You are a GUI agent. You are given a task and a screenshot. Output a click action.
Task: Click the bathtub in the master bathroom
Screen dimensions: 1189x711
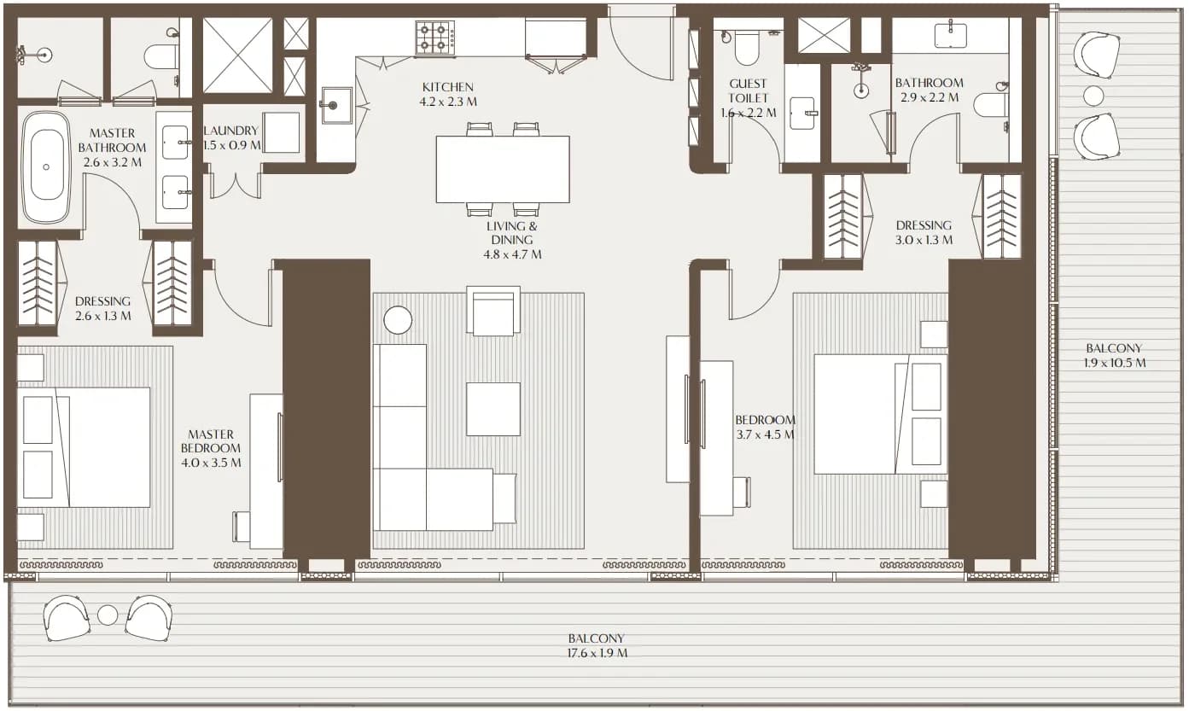click(x=46, y=167)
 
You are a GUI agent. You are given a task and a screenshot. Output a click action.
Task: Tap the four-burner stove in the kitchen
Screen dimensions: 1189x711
click(x=435, y=38)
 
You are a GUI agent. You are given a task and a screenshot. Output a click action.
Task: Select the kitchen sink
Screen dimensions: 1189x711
click(x=336, y=105)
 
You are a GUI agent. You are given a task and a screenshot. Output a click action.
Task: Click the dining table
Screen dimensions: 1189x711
click(x=503, y=169)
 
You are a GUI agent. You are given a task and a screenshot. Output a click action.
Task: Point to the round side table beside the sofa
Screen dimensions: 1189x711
click(x=398, y=320)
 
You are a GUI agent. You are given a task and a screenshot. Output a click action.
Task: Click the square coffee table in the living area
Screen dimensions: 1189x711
click(x=493, y=409)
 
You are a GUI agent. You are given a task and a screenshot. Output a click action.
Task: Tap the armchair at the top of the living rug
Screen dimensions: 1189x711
click(x=493, y=312)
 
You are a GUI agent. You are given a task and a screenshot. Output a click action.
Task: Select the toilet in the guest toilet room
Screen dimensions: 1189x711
click(x=747, y=47)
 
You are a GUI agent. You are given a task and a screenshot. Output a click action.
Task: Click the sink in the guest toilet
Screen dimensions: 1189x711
click(x=803, y=113)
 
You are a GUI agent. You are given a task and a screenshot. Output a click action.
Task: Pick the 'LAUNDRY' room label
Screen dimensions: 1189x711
click(x=231, y=131)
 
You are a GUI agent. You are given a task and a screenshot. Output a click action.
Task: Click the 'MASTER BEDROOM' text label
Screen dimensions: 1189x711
click(x=211, y=441)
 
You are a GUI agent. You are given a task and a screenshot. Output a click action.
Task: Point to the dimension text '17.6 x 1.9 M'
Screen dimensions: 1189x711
click(x=597, y=653)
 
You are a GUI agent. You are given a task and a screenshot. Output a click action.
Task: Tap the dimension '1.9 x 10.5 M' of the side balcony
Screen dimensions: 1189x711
click(x=1114, y=364)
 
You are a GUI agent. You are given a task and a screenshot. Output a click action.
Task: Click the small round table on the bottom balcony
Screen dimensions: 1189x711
click(x=108, y=615)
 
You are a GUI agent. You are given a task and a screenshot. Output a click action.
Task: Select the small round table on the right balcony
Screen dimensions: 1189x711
click(x=1093, y=96)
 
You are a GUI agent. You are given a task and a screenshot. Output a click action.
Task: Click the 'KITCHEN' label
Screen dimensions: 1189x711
click(x=447, y=87)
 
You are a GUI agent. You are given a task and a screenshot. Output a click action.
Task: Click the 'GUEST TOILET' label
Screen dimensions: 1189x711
click(x=748, y=90)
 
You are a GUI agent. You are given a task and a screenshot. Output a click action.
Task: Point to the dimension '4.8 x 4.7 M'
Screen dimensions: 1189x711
click(x=512, y=255)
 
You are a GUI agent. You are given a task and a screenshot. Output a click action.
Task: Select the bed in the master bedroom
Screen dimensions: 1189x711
click(x=84, y=447)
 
